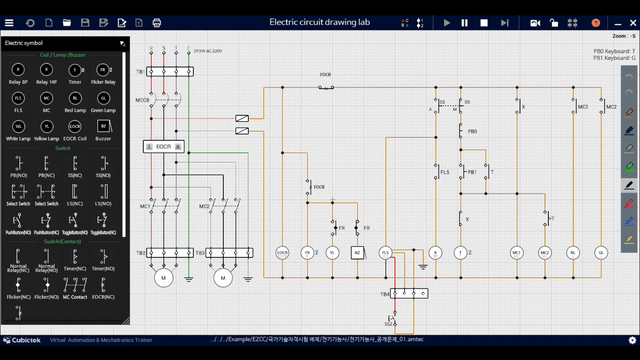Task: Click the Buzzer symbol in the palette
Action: click(x=102, y=127)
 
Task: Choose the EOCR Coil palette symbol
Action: click(x=75, y=127)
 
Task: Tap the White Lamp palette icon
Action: click(x=18, y=127)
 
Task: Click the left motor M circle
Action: click(x=161, y=276)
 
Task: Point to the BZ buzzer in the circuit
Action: click(x=357, y=253)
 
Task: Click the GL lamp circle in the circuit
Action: click(x=602, y=253)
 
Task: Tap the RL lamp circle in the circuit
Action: click(x=574, y=253)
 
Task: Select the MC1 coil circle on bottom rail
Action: click(x=517, y=253)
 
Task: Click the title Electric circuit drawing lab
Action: click(x=319, y=21)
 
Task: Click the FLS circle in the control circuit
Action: click(x=385, y=253)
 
